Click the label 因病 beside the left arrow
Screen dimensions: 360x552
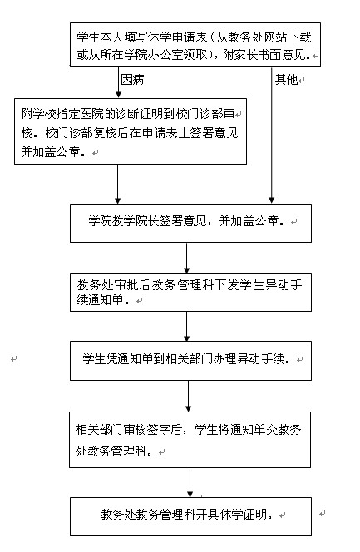[132, 80]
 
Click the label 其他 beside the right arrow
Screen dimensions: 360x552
[287, 80]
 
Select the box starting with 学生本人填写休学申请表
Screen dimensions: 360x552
[195, 44]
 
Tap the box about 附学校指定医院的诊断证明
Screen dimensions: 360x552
[131, 131]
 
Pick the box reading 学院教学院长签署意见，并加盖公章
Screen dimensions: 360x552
[190, 223]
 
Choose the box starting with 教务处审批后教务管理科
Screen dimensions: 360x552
[190, 292]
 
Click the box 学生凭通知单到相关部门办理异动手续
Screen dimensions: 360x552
[190, 361]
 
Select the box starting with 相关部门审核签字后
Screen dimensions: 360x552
[190, 439]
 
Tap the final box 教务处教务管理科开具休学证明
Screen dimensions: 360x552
[190, 516]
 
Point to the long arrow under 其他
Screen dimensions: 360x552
[272, 135]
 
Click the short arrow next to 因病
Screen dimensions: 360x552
[118, 82]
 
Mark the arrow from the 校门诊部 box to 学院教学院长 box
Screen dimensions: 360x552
[117, 184]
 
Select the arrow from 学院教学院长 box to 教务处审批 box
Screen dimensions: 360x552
[186, 258]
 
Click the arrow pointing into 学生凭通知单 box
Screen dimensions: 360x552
[186, 327]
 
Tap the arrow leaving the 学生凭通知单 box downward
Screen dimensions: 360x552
[188, 396]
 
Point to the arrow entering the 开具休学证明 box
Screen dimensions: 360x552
[190, 483]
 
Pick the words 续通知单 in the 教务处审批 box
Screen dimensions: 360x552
[100, 300]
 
